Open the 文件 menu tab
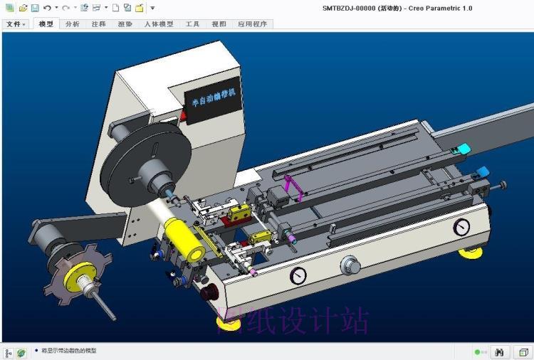pyautogui.click(x=15, y=23)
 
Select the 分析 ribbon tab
pyautogui.click(x=72, y=23)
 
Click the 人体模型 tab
pyautogui.click(x=159, y=23)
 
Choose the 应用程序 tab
pyautogui.click(x=252, y=23)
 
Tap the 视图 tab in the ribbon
pyautogui.click(x=219, y=23)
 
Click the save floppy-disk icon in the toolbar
pyautogui.click(x=34, y=8)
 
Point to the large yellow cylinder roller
pyautogui.click(x=184, y=239)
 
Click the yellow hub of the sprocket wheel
pyautogui.click(x=84, y=273)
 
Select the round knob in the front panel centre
pyautogui.click(x=350, y=265)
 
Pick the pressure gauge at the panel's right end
pyautogui.click(x=461, y=227)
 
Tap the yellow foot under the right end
pyautogui.click(x=469, y=252)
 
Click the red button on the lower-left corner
pyautogui.click(x=209, y=292)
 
